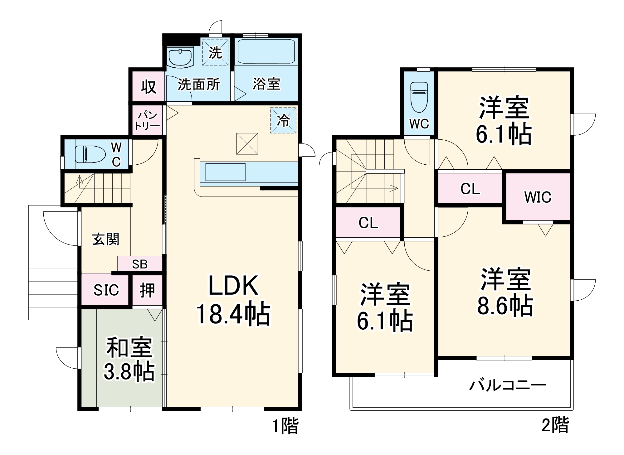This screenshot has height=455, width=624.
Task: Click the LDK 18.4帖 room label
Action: point(233,299)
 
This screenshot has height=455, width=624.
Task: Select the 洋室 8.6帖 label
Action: point(505,292)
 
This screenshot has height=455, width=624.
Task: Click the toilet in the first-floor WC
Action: point(90,154)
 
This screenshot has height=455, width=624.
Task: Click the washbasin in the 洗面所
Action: point(180,58)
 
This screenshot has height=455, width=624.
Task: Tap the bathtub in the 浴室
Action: point(266,51)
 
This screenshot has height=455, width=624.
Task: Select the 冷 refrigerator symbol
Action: point(283,120)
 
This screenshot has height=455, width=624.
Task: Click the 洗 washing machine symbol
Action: point(215,52)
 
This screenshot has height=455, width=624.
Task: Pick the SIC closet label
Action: point(106,290)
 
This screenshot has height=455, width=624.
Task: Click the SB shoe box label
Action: point(139,264)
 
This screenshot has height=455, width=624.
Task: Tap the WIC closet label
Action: point(538,197)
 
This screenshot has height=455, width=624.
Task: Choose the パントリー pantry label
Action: point(147,120)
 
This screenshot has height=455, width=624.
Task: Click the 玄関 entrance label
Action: point(106,239)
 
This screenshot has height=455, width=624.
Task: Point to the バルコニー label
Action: point(508,386)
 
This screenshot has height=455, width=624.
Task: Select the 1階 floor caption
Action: point(285,425)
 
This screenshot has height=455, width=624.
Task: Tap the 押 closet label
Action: point(147,290)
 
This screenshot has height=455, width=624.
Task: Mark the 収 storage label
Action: point(149,86)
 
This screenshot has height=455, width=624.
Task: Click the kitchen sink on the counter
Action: point(225,172)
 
